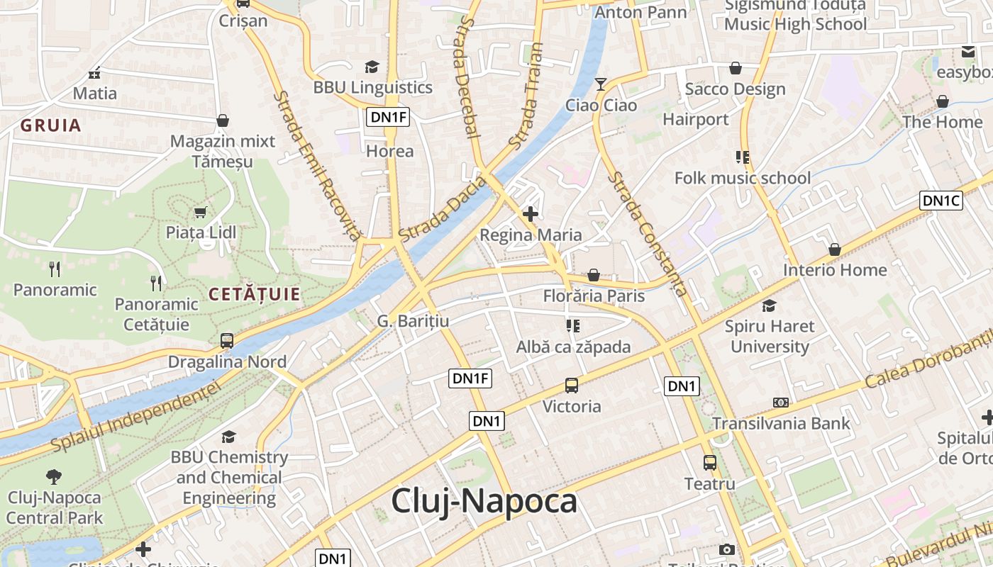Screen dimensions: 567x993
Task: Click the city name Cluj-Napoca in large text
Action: [484, 501]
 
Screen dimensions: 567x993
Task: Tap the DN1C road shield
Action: [941, 201]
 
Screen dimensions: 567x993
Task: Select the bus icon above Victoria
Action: [572, 386]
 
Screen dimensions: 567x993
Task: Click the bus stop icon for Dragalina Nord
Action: [227, 341]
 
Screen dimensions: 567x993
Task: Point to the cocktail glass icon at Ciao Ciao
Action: [601, 84]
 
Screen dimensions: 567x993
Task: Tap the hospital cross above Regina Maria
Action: [530, 213]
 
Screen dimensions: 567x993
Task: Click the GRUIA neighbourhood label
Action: [50, 126]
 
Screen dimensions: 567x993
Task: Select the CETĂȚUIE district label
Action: [255, 294]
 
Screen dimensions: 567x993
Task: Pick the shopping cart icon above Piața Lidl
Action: [201, 212]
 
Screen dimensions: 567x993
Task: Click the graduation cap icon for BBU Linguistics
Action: [372, 67]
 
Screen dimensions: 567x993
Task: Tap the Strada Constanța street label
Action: [648, 234]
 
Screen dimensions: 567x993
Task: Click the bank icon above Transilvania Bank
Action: [780, 403]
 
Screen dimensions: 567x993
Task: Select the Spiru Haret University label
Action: [770, 337]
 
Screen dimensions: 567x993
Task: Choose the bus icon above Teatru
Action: [709, 463]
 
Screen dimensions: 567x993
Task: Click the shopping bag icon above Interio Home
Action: [835, 249]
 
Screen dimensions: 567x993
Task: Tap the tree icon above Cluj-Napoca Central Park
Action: [54, 476]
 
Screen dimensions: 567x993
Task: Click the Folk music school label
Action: [742, 178]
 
